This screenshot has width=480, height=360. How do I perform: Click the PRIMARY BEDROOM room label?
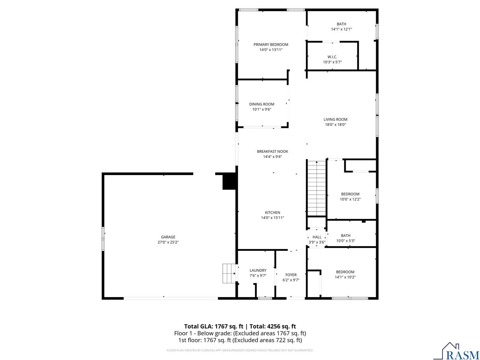click(x=271, y=45)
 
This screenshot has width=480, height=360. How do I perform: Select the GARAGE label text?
click(x=168, y=237)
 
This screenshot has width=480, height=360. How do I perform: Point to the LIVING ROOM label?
click(x=335, y=120)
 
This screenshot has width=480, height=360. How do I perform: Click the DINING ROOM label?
click(x=262, y=104)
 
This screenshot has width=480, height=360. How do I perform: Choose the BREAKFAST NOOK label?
click(x=272, y=151)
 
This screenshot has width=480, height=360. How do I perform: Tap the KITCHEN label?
click(x=272, y=213)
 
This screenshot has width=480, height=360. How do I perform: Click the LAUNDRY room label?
click(x=258, y=270)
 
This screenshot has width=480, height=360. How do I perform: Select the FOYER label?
click(x=291, y=275)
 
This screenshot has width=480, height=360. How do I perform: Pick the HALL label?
click(x=317, y=237)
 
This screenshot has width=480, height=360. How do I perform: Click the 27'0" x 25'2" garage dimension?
click(x=168, y=242)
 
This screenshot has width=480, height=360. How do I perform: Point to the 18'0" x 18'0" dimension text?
click(x=335, y=125)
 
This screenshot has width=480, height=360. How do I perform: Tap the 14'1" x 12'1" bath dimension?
click(x=341, y=29)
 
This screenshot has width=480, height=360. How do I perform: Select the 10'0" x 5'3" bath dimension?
click(x=345, y=241)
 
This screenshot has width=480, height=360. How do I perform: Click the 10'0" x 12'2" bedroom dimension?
click(x=350, y=199)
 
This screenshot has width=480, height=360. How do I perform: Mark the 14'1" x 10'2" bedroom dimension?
click(x=345, y=277)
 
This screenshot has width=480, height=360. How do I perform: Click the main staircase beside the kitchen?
click(x=316, y=188)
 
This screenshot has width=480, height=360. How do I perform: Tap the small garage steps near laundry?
click(x=228, y=273)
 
